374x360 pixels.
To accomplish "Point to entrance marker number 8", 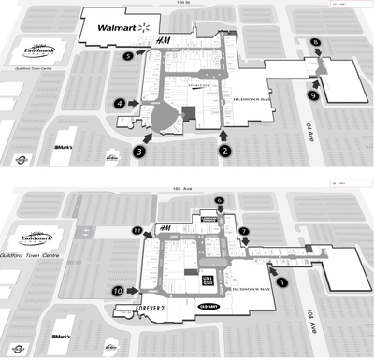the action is point(316,44).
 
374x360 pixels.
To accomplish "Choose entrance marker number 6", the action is point(220,200).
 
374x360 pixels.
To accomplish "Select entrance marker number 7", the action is point(244,230).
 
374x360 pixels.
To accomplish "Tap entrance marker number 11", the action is point(137,230).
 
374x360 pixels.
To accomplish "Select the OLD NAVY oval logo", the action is point(207,306).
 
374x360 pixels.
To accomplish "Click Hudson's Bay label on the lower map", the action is point(248,290).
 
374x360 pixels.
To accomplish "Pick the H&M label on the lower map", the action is point(165,229).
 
